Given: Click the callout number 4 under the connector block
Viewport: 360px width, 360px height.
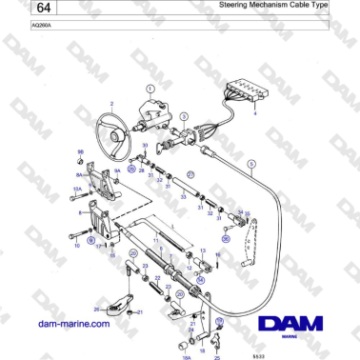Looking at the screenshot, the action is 254,113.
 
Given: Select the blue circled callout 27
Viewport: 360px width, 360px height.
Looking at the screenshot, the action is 190,174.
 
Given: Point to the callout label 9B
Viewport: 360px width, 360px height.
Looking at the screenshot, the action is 80,152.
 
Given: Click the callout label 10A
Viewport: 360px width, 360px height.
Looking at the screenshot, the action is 75,190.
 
